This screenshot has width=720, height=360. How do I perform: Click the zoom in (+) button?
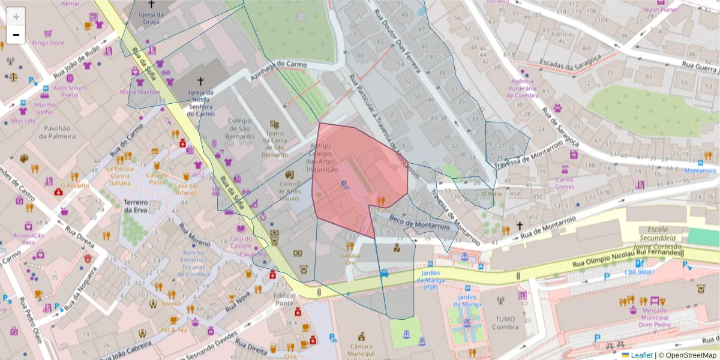(16, 17)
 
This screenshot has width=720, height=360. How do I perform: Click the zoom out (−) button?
(16, 35)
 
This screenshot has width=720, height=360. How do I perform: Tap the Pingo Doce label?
(48, 43)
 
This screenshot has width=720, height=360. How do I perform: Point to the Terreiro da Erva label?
(136, 206)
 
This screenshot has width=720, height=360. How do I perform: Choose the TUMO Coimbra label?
(505, 323)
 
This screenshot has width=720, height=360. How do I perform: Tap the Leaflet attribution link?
(641, 355)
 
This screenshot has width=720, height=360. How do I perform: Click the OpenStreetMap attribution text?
(689, 355)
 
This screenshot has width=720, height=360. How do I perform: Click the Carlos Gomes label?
(565, 183)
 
